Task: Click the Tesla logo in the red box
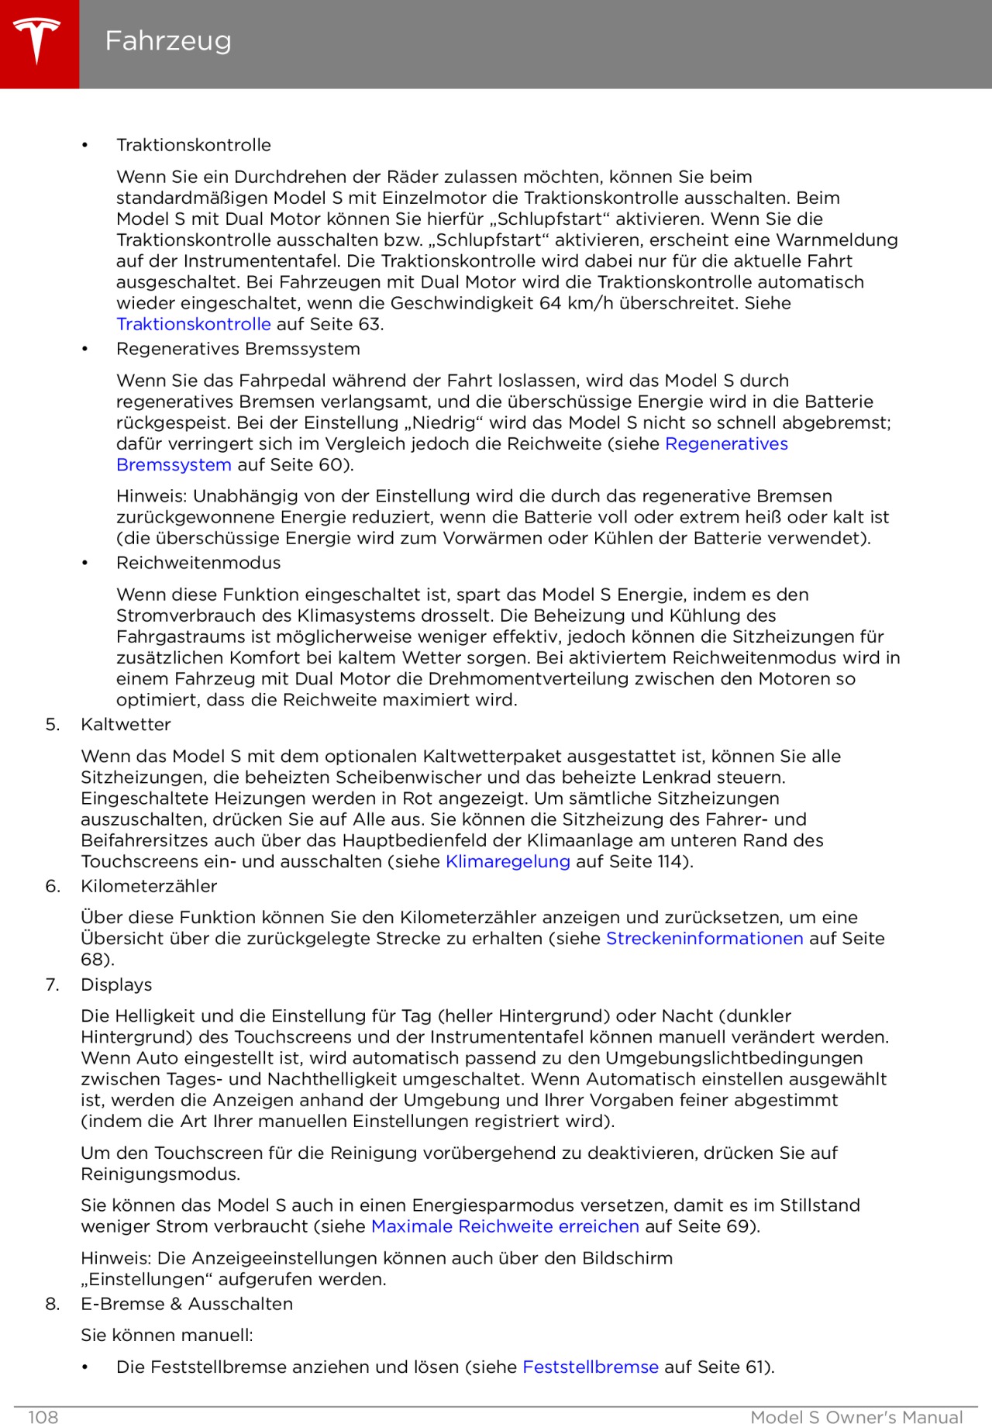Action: click(37, 41)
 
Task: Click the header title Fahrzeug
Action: click(168, 41)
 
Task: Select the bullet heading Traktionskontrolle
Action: click(194, 145)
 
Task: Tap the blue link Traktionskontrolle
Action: click(194, 324)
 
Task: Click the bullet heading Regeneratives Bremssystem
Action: click(238, 349)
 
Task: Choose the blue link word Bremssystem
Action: click(174, 465)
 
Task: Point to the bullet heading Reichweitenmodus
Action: click(198, 563)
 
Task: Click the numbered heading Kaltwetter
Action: click(126, 725)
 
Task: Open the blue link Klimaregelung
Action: click(508, 862)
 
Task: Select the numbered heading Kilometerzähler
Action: click(149, 886)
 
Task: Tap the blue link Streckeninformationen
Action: click(704, 939)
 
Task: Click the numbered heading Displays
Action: click(116, 984)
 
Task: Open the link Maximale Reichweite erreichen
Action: click(505, 1226)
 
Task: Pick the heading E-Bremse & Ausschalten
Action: click(187, 1304)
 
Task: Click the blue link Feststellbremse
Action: click(591, 1367)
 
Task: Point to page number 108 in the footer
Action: click(43, 1417)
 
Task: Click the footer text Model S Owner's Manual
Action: click(856, 1417)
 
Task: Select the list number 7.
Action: click(52, 984)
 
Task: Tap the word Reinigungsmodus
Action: click(160, 1174)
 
